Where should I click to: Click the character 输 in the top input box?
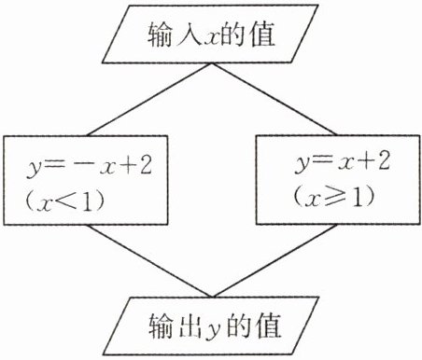tap(160, 35)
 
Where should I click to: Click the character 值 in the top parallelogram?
tap(262, 34)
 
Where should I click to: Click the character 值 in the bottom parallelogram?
tap(268, 325)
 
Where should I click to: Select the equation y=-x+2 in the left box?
tap(90, 167)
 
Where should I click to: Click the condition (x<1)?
tap(64, 201)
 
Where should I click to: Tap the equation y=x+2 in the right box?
tap(342, 162)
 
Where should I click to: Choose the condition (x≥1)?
tap(333, 197)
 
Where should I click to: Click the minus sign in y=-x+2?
tap(83, 165)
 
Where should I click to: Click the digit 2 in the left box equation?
tap(145, 165)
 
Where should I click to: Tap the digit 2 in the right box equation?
tap(383, 160)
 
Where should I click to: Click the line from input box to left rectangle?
tap(149, 100)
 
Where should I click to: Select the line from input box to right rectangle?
tap(274, 100)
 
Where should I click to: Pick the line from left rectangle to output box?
tap(149, 260)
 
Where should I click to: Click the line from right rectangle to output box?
tap(274, 260)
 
